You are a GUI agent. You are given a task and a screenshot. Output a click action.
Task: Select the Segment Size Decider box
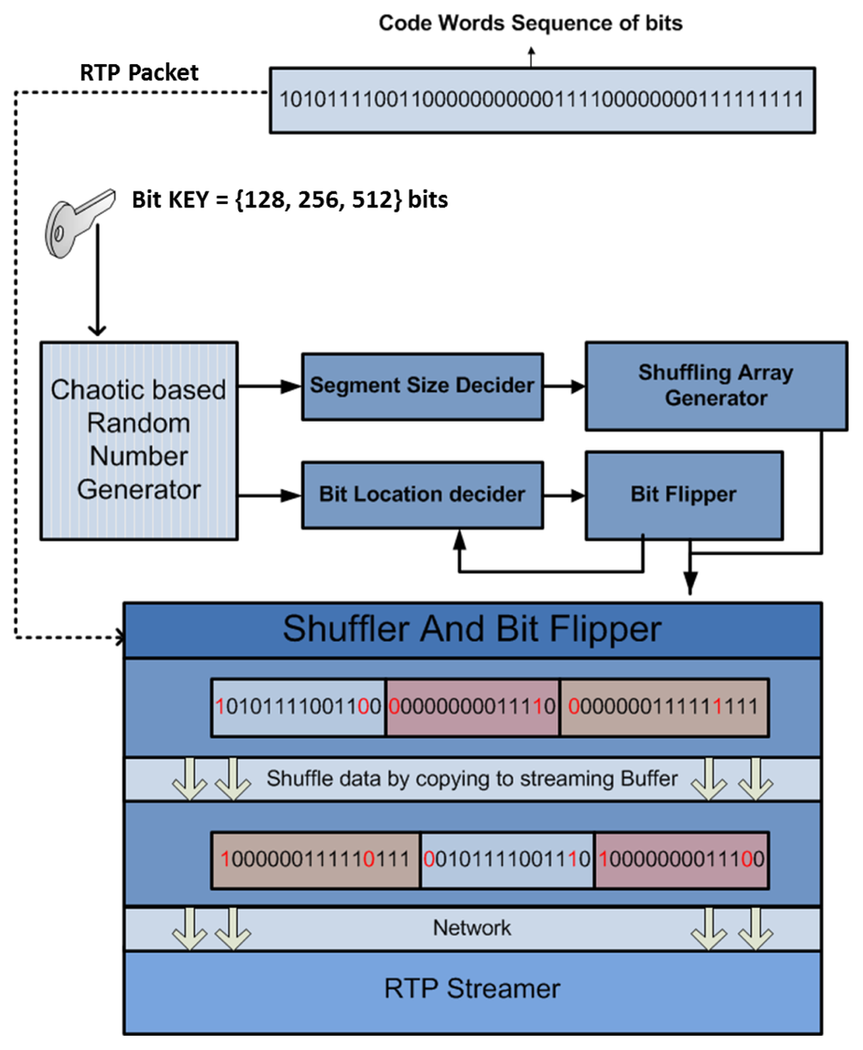pos(421,386)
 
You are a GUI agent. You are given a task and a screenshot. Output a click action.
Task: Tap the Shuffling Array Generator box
pos(716,385)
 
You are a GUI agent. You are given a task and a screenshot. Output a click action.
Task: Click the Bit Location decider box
pos(421,494)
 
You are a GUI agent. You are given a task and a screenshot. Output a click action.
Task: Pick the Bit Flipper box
pos(683,494)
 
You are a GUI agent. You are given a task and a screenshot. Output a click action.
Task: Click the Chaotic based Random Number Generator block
pos(139,440)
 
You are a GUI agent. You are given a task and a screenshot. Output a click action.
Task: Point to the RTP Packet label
pos(139,73)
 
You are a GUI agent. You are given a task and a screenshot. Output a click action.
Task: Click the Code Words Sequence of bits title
pos(530,23)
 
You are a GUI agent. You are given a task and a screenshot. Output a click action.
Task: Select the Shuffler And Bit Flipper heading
pos(472,629)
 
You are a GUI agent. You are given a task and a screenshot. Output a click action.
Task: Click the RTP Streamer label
pos(472,988)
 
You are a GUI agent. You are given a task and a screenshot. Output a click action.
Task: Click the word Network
pos(472,928)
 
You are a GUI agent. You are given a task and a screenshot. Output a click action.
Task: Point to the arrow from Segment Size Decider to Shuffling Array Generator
pos(564,386)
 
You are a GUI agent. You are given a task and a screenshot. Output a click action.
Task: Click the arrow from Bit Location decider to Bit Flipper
pos(564,495)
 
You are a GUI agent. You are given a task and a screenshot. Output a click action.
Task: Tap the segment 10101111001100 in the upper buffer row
pos(298,707)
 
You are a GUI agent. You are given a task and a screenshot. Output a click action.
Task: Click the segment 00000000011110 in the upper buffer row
pos(472,707)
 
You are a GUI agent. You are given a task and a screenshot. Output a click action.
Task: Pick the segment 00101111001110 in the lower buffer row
pos(507,859)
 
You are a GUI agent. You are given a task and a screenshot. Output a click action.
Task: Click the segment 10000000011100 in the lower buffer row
pos(681,859)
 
